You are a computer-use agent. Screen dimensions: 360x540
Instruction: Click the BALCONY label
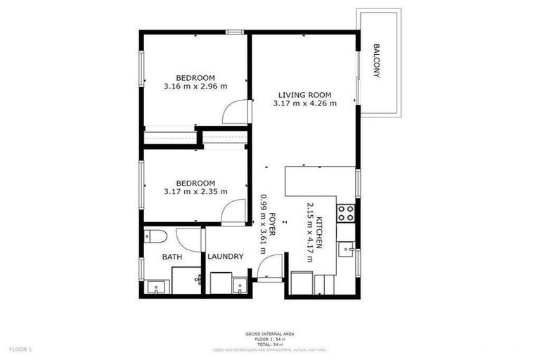(377, 60)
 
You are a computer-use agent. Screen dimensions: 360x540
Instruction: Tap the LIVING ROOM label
(304, 95)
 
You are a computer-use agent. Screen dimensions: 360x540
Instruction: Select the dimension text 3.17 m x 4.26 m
(304, 103)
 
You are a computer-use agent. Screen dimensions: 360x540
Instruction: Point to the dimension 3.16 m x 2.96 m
(195, 86)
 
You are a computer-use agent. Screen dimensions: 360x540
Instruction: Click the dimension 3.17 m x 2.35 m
(195, 191)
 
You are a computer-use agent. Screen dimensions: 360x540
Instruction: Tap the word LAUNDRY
(225, 257)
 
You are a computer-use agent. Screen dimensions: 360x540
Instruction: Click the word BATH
(172, 257)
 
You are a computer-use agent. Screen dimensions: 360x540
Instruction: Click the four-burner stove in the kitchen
(345, 212)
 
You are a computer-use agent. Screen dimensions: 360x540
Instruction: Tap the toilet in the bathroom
(154, 236)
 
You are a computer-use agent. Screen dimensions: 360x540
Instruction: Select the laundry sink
(240, 286)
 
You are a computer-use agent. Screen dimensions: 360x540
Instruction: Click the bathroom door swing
(188, 239)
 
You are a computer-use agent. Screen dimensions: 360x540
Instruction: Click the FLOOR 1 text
(20, 349)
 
